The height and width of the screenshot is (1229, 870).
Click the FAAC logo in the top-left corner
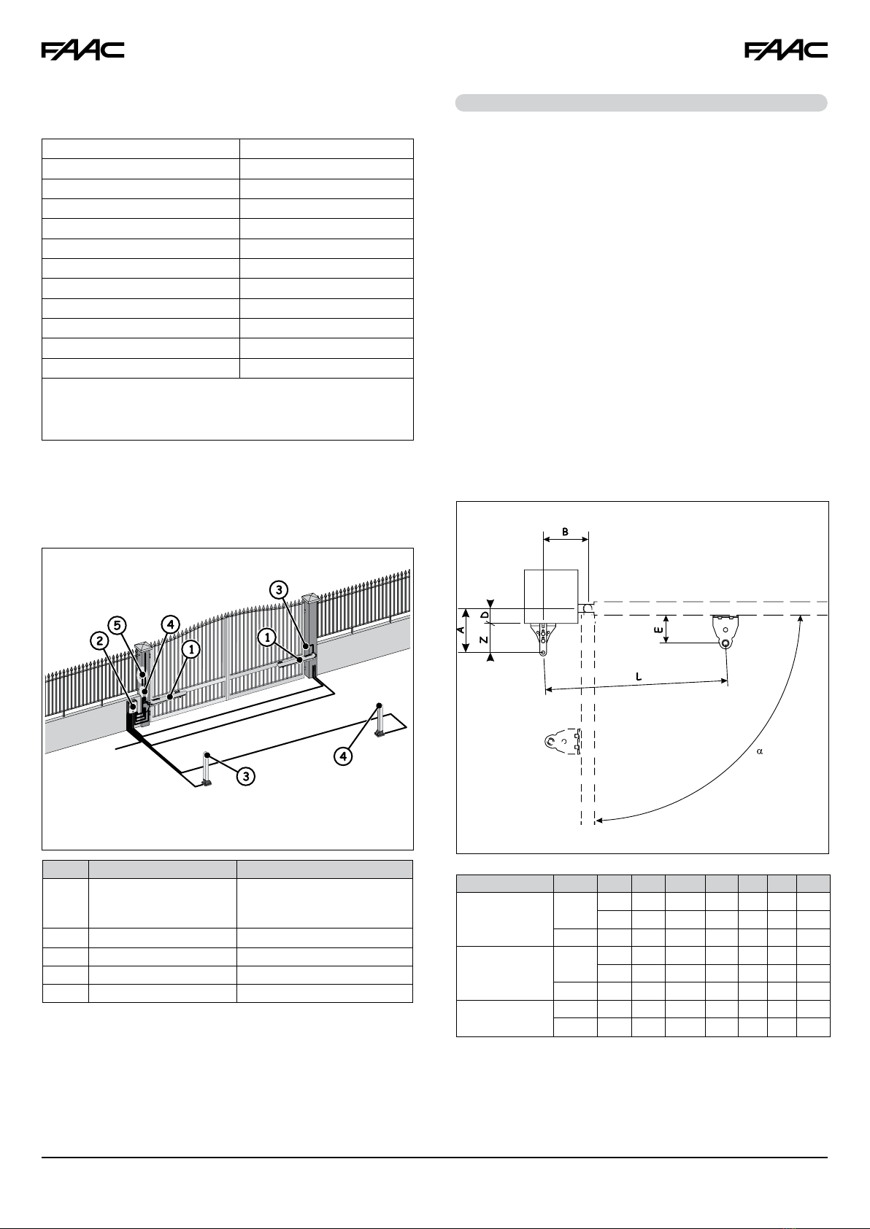(82, 50)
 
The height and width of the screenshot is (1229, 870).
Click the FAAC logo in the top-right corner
(786, 50)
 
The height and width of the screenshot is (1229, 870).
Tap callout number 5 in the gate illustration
(118, 626)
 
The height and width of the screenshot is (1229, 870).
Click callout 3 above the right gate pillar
(277, 589)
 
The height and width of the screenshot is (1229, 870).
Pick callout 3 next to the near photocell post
(246, 776)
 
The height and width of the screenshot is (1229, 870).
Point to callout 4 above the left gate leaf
(169, 625)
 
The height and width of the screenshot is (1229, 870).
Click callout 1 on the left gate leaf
(191, 648)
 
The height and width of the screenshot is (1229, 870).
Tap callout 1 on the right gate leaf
(268, 637)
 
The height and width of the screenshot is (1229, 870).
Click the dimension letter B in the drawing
(566, 532)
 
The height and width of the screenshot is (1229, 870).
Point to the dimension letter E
(659, 629)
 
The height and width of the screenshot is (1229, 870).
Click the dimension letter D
(485, 616)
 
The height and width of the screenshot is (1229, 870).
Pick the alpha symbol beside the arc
(759, 752)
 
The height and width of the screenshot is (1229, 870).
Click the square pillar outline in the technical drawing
(552, 597)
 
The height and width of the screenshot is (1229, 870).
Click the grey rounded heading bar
(641, 103)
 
